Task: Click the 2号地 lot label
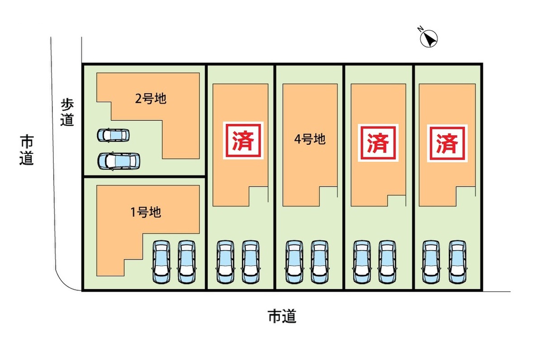click(x=151, y=99)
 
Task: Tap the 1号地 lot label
click(x=146, y=212)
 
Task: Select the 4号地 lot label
click(x=310, y=139)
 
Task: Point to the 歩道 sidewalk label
click(x=67, y=113)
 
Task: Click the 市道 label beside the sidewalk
click(x=27, y=150)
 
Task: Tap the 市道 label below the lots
click(x=282, y=316)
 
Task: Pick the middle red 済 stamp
click(x=378, y=143)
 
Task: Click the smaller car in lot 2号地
click(x=113, y=135)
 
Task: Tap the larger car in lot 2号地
click(x=119, y=161)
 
